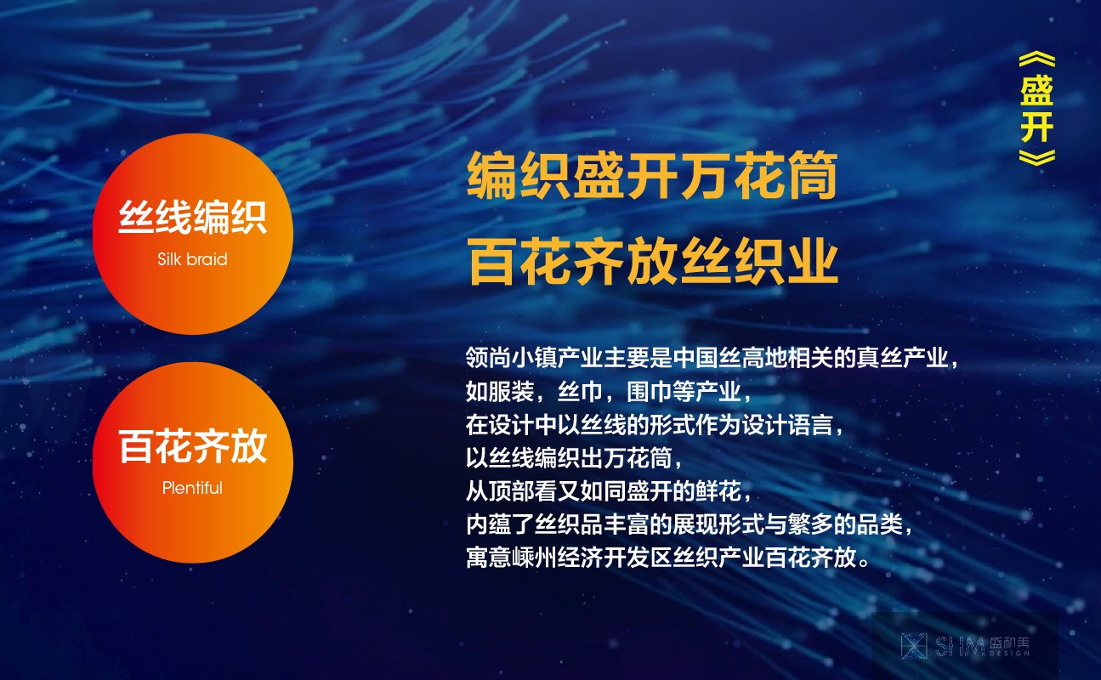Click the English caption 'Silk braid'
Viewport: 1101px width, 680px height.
click(192, 259)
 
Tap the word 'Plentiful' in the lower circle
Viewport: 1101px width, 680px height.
click(192, 488)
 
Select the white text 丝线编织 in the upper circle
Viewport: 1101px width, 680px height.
click(193, 217)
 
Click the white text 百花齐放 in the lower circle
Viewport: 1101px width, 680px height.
click(193, 446)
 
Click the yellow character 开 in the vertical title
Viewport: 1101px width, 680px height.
click(1036, 127)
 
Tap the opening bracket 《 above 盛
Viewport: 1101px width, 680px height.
click(1036, 60)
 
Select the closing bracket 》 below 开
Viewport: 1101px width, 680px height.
click(1036, 157)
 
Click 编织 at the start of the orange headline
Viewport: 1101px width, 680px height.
click(519, 175)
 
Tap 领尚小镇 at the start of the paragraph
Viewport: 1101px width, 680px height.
click(511, 357)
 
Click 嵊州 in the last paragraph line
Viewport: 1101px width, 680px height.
click(534, 557)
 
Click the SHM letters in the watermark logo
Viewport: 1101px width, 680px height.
click(959, 646)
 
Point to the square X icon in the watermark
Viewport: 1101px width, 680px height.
click(914, 646)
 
